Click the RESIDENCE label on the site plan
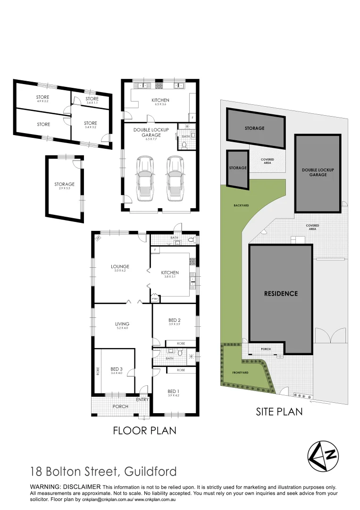pyautogui.click(x=281, y=293)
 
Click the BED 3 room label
pyautogui.click(x=116, y=369)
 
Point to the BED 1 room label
pyautogui.click(x=173, y=391)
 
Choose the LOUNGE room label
pyautogui.click(x=119, y=266)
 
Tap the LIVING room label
pyautogui.click(x=122, y=324)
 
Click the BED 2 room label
pyautogui.click(x=175, y=320)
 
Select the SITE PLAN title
pyautogui.click(x=279, y=412)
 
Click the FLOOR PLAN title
pyautogui.click(x=144, y=431)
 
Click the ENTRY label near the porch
pyautogui.click(x=142, y=399)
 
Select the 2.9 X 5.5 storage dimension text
pyautogui.click(x=64, y=188)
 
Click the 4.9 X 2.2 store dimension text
pyautogui.click(x=43, y=101)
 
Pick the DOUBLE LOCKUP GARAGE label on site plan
pyautogui.click(x=318, y=172)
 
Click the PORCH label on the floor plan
pyautogui.click(x=120, y=406)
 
